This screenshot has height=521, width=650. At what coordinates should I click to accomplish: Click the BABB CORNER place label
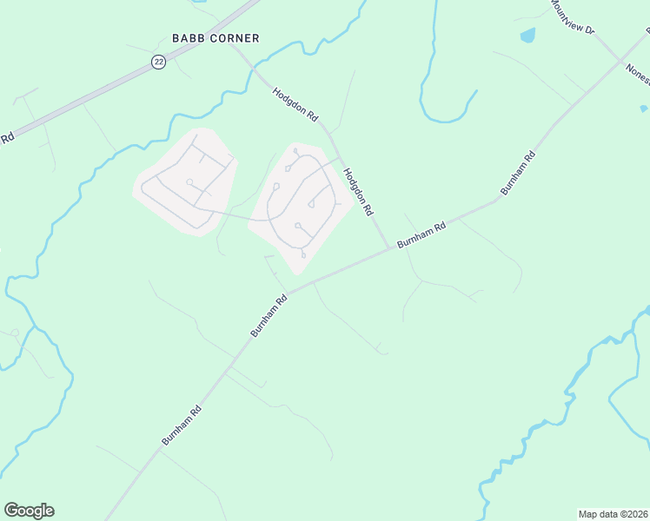216,38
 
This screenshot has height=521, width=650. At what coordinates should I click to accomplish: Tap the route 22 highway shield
158,62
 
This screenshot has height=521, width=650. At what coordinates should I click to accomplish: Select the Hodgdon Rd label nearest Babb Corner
295,103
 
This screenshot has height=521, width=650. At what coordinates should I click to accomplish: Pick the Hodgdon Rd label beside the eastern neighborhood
358,192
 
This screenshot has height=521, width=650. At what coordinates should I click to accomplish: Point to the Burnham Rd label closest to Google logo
182,425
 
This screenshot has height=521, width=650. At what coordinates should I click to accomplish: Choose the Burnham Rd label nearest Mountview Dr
518,173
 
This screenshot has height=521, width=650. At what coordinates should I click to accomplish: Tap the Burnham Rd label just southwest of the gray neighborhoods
269,316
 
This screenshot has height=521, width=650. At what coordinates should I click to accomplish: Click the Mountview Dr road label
571,17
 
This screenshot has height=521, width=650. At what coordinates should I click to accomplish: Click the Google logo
29,511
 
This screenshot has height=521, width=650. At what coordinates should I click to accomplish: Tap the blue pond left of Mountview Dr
527,36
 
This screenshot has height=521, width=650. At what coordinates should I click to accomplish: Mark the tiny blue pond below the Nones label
643,109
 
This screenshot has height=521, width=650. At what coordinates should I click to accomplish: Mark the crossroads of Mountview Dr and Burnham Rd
621,61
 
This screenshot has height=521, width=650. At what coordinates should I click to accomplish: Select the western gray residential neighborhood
185,181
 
